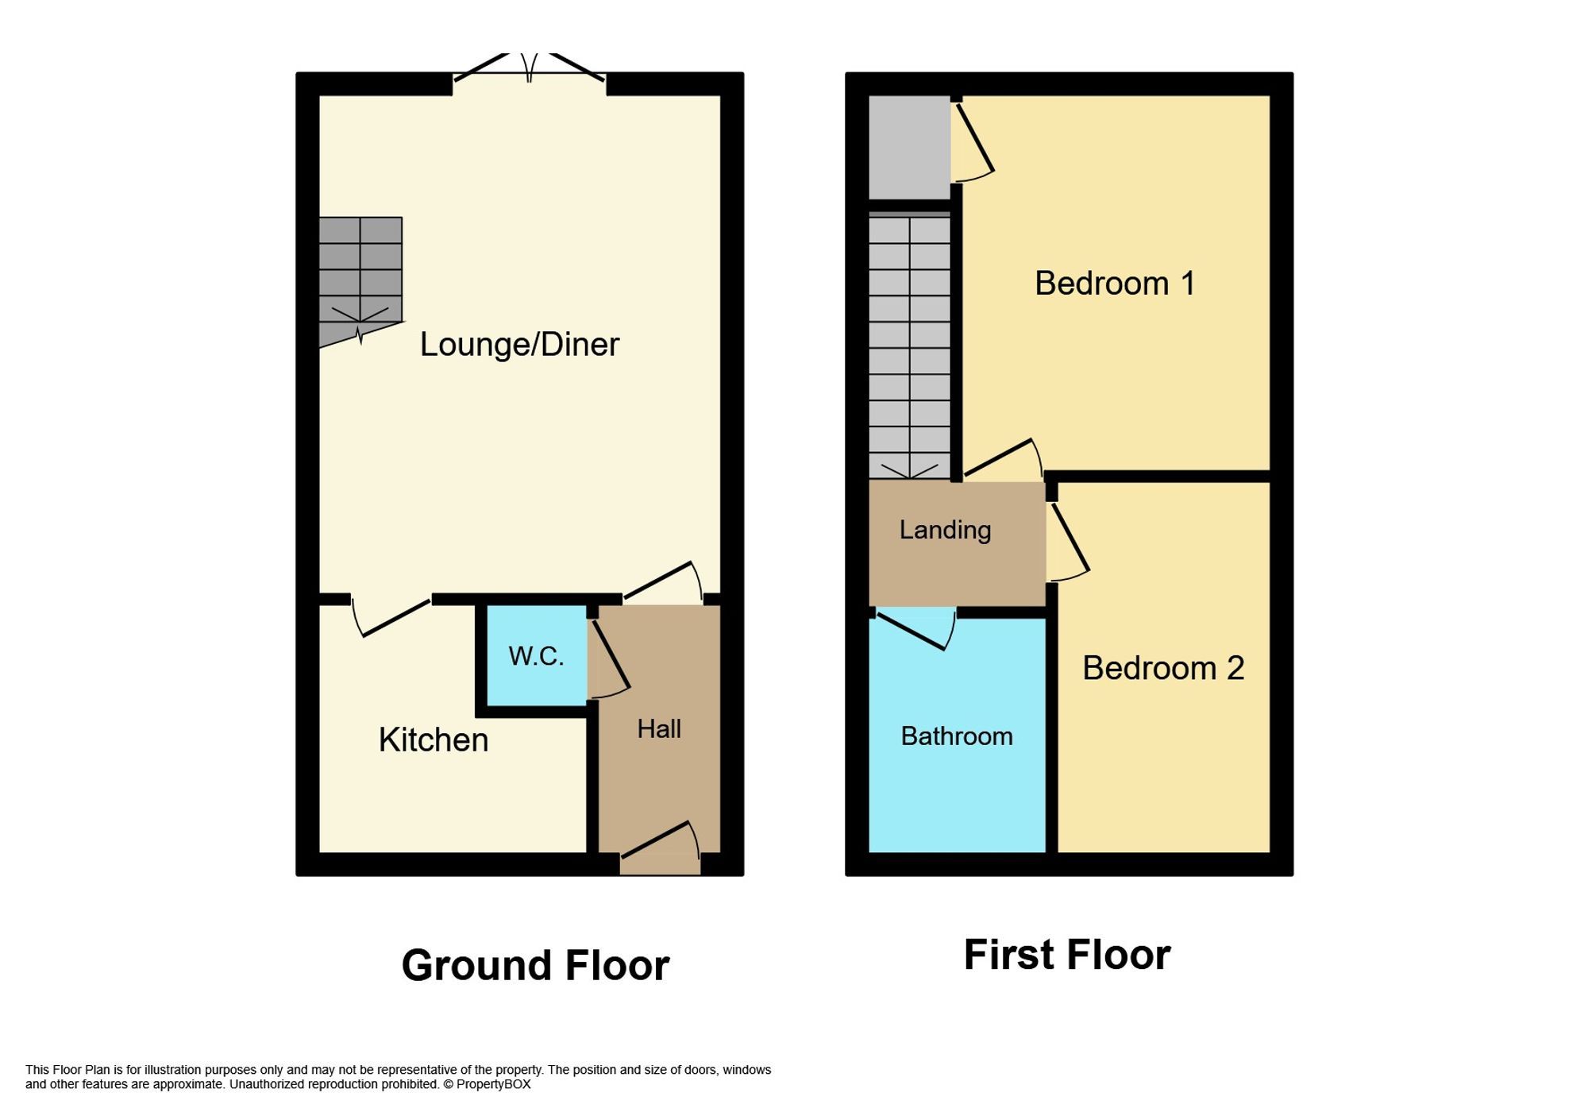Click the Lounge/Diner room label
click(x=519, y=345)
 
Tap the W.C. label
click(x=536, y=656)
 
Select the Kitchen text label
click(x=433, y=740)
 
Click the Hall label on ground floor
click(x=659, y=729)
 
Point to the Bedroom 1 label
click(x=1114, y=284)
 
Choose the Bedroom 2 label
click(x=1162, y=668)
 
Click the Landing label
click(x=945, y=530)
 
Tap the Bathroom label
click(x=956, y=736)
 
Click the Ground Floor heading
click(x=535, y=966)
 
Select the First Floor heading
click(x=1066, y=955)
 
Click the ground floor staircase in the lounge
click(x=360, y=278)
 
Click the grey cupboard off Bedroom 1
click(x=909, y=147)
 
